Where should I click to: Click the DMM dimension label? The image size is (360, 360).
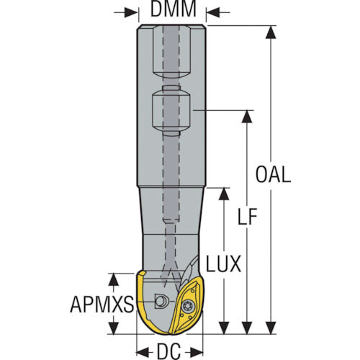pos(174,9)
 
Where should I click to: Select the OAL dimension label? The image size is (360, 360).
pos(273,174)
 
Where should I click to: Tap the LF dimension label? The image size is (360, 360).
pos(248,217)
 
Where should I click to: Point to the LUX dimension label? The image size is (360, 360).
pos(223,264)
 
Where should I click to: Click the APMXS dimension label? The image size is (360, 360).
pos(102,304)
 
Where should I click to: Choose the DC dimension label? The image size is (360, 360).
pos(168,351)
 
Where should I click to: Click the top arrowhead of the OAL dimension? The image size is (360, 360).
pos(271,32)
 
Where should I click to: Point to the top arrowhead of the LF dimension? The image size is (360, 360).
pos(247,117)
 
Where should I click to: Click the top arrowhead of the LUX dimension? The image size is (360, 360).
pos(225,194)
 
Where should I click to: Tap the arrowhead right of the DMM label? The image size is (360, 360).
pos(213,12)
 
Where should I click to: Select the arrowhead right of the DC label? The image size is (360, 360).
pos(195,352)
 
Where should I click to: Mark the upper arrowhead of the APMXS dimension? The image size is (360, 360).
pos(114,279)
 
